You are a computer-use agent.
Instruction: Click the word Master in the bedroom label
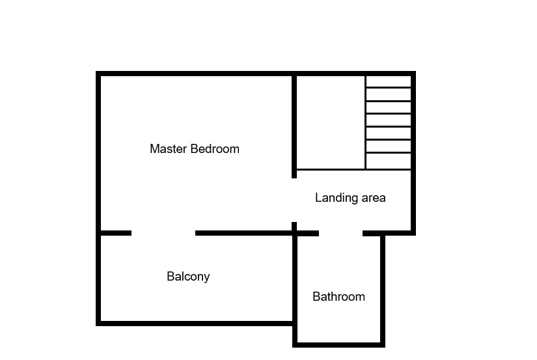click(169, 148)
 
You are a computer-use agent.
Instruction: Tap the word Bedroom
click(215, 148)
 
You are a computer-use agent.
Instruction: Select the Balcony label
click(188, 277)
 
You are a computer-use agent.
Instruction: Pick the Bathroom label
click(338, 296)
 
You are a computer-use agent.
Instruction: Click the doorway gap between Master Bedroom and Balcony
click(163, 233)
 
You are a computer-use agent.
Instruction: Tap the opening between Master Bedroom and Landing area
click(294, 200)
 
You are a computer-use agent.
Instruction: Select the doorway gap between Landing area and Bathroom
click(341, 233)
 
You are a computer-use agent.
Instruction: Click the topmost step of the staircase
click(389, 81)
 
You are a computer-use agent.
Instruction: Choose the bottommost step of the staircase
click(389, 161)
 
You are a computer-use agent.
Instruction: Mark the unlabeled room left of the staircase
click(331, 122)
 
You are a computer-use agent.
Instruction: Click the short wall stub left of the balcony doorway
click(116, 233)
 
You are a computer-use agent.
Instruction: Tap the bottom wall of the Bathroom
click(338, 345)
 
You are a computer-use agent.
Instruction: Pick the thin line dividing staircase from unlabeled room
click(366, 122)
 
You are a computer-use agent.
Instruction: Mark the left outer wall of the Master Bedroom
click(98, 152)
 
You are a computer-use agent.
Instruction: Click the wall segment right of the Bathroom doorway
click(389, 233)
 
